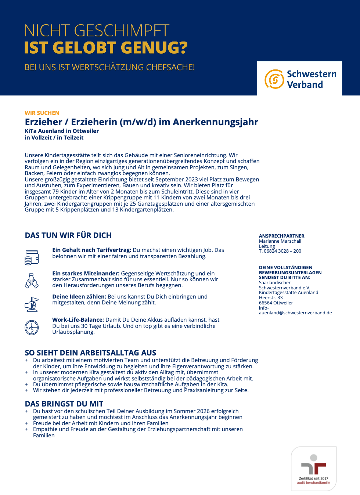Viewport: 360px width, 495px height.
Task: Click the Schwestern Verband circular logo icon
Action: pyautogui.click(x=274, y=79)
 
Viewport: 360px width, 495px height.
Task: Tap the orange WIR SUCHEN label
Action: pyautogui.click(x=42, y=113)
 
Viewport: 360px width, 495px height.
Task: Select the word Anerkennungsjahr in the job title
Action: pyautogui.click(x=216, y=122)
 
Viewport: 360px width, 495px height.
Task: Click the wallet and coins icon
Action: pyautogui.click(x=32, y=257)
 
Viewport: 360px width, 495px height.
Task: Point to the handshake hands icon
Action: pyautogui.click(x=32, y=281)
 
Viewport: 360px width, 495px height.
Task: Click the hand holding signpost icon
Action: pyautogui.click(x=32, y=304)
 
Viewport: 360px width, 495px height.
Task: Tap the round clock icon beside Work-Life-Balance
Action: pyautogui.click(x=32, y=327)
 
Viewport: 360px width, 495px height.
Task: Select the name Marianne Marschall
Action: pyautogui.click(x=280, y=241)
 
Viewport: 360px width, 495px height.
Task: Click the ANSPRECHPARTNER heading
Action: pyautogui.click(x=281, y=236)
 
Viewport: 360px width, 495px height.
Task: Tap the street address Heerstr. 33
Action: pyautogui.click(x=271, y=298)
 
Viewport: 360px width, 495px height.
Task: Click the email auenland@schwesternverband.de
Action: pyautogui.click(x=295, y=313)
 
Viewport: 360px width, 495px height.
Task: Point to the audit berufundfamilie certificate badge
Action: pyautogui.click(x=314, y=469)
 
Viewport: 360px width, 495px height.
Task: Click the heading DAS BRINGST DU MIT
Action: pyautogui.click(x=64, y=404)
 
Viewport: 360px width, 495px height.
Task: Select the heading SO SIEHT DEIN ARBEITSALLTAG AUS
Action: pyautogui.click(x=90, y=353)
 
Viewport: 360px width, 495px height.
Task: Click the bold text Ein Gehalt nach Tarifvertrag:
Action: pyautogui.click(x=91, y=250)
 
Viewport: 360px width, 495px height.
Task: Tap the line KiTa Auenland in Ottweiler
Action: pyautogui.click(x=62, y=131)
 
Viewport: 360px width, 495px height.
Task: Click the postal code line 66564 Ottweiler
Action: pyautogui.click(x=276, y=303)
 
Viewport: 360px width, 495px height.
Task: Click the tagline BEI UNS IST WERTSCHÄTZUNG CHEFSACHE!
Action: pyautogui.click(x=109, y=68)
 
